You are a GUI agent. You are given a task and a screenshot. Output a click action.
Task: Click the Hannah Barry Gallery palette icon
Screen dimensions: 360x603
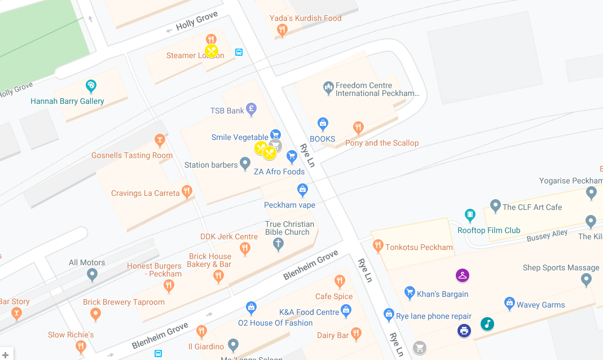coord(91,86)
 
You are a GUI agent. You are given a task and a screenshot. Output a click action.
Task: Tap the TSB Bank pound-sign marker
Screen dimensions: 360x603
coord(252,109)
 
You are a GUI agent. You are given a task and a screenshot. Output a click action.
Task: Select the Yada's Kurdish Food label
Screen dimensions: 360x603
coord(305,18)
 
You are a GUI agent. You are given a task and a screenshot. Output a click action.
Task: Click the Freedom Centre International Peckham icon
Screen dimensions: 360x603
coord(328,88)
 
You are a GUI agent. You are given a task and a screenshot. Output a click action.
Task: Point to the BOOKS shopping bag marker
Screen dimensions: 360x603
coord(323,124)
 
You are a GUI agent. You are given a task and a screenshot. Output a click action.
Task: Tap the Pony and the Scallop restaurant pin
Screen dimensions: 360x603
coord(358,128)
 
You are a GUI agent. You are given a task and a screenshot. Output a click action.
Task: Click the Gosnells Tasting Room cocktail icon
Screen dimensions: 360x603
coord(160,140)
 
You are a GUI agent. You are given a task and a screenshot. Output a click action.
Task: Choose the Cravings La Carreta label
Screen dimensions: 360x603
coord(145,193)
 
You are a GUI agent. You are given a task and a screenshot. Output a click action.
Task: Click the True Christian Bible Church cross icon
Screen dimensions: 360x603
coord(278,244)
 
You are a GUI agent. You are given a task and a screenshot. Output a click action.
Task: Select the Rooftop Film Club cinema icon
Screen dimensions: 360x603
coord(470,215)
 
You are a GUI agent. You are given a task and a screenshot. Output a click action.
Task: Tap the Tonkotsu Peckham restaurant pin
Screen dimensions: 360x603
coord(378,245)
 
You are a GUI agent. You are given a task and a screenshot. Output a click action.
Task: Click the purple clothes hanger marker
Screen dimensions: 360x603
coord(463,275)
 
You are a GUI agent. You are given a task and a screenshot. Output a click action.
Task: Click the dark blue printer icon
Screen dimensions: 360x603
coord(464,331)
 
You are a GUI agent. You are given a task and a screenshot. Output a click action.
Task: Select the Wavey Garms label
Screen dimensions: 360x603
coord(540,305)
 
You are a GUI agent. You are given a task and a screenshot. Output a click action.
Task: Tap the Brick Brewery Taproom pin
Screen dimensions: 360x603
coord(95,314)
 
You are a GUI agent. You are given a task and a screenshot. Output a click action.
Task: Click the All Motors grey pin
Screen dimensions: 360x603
coord(93,275)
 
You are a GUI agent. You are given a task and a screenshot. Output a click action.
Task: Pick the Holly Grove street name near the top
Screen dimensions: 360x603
coord(196,21)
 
